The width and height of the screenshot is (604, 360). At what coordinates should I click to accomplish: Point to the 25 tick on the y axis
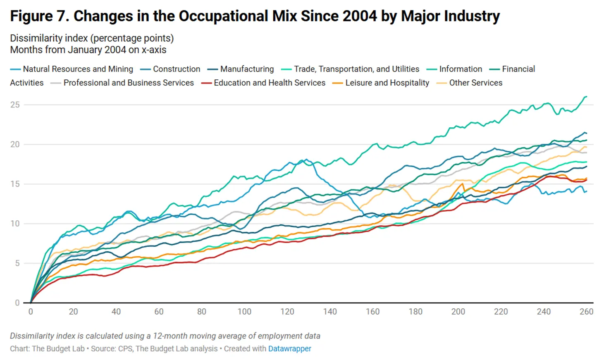tap(15, 105)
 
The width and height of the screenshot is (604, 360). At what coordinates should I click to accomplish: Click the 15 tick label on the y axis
tap(15, 184)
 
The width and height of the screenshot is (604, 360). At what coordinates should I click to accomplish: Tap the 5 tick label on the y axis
tap(17, 263)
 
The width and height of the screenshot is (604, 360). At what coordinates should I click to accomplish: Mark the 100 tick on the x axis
tap(244, 312)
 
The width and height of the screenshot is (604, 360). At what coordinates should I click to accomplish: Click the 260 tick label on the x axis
tap(586, 312)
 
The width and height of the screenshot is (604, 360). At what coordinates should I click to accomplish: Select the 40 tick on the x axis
tap(116, 312)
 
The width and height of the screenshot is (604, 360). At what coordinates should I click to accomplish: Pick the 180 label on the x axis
tap(415, 312)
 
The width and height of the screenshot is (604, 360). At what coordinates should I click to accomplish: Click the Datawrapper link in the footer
tap(289, 348)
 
